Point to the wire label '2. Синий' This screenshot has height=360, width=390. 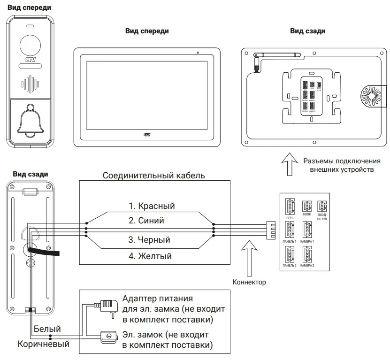146,220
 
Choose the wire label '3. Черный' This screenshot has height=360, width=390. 149,240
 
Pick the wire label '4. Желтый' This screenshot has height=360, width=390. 150,256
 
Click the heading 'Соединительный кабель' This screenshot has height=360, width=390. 153,176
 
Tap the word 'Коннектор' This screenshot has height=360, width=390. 249,282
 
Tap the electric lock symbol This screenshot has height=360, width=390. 108,336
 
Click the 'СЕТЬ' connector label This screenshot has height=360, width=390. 290,218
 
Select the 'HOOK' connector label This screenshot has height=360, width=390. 307,214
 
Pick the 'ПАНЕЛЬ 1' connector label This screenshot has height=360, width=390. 290,241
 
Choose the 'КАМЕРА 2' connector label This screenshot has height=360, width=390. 307,266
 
